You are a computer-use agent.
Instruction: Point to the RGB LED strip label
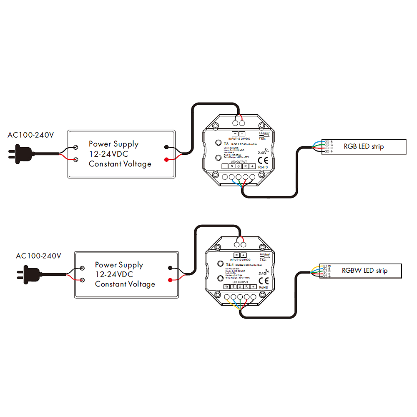point(364,146)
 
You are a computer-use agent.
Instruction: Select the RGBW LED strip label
point(364,271)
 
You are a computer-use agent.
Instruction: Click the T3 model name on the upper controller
point(226,144)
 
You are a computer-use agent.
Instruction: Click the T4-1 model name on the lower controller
point(229,265)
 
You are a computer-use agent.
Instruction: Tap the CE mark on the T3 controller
point(262,159)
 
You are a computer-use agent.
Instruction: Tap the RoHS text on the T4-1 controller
point(264,287)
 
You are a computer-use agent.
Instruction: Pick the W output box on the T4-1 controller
point(227,286)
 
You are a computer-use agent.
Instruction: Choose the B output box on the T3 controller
point(231,166)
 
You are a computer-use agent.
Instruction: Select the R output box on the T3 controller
point(246,166)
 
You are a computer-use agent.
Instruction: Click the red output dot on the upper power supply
point(167,159)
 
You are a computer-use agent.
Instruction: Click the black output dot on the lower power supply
point(170,268)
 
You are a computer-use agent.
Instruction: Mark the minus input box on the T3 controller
point(234,133)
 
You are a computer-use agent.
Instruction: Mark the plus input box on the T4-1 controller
point(244,255)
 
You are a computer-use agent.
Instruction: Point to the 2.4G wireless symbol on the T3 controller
point(263,152)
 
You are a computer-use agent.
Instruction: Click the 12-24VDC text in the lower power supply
point(113,274)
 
